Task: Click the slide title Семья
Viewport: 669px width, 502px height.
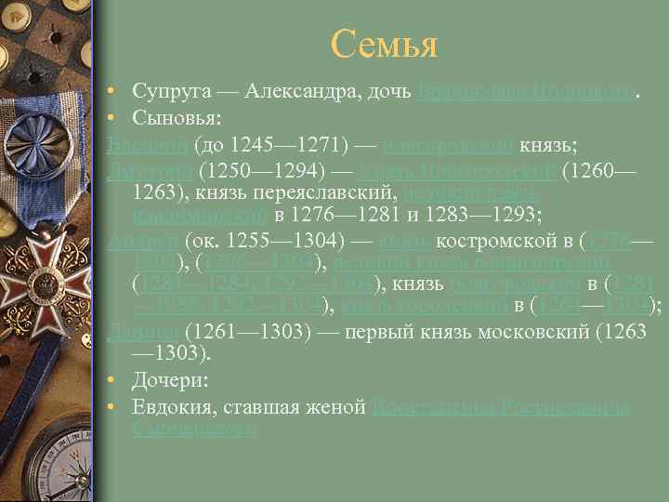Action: [x=383, y=44]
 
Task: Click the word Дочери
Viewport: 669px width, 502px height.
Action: [x=169, y=381]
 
